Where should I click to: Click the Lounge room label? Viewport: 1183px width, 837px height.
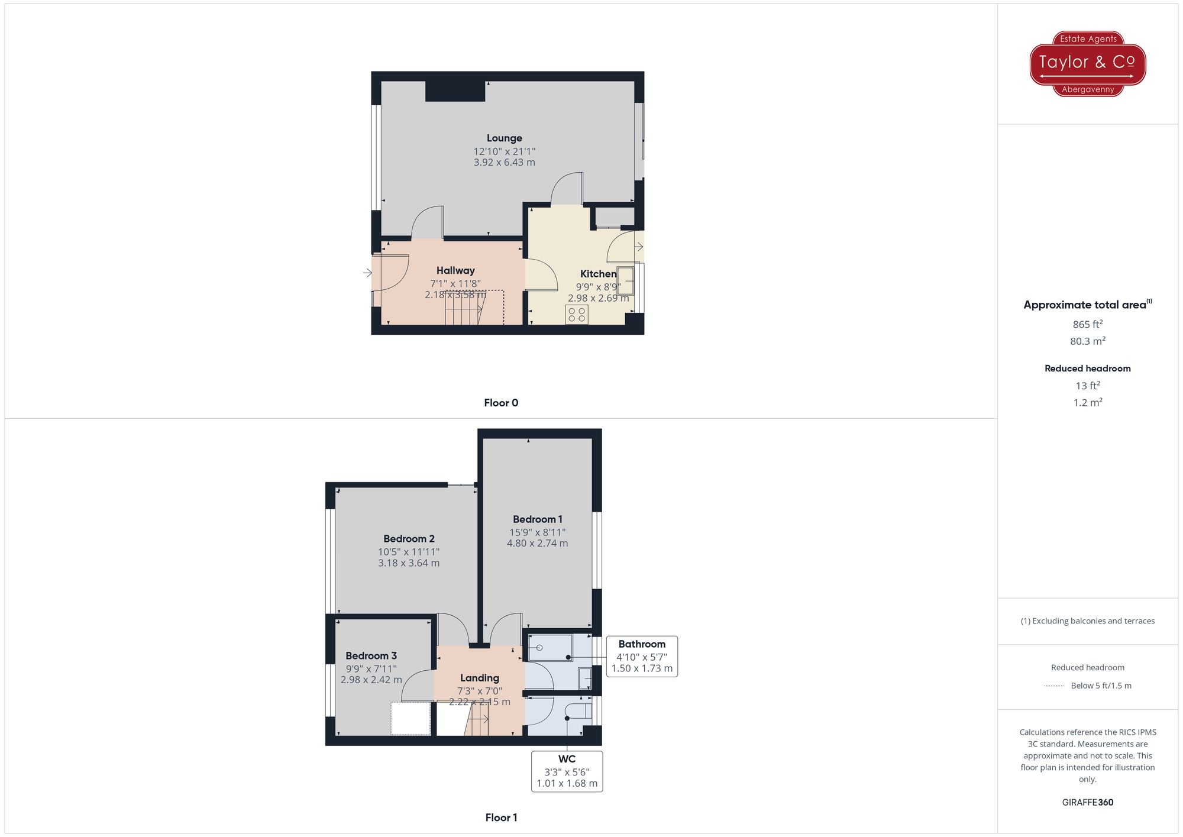tap(504, 138)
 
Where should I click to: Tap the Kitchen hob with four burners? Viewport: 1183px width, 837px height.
tap(577, 315)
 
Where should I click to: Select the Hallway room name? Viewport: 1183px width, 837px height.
tap(455, 270)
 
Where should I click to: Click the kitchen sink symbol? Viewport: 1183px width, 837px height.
tap(626, 280)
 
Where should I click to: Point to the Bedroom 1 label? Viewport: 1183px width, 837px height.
tap(537, 519)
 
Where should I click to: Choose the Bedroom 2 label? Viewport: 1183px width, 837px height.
tap(409, 539)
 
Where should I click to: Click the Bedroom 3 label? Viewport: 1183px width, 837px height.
tap(371, 655)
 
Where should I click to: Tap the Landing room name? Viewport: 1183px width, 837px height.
tap(480, 678)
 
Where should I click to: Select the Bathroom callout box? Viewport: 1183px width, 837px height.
tap(642, 656)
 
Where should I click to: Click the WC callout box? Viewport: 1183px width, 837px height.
tap(567, 771)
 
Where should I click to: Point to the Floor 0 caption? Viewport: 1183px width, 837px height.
tap(501, 403)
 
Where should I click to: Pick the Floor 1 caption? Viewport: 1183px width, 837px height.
tap(501, 817)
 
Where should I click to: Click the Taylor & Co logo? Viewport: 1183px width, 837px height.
tap(1087, 63)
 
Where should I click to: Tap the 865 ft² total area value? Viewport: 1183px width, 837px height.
tap(1087, 324)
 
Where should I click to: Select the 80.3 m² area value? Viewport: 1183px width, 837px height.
tap(1087, 341)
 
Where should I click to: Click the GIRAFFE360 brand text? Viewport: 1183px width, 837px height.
tap(1087, 802)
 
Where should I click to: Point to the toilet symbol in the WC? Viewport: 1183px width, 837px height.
tap(578, 712)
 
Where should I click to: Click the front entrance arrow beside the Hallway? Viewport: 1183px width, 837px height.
tap(367, 273)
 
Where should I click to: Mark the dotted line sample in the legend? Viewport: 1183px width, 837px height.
tap(1054, 686)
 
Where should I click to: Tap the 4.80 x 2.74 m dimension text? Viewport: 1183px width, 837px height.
tap(537, 543)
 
